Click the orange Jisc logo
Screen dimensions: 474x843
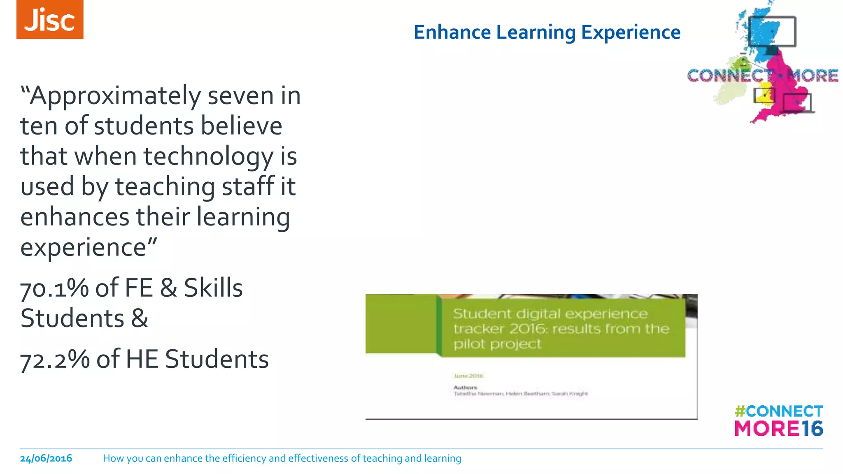(x=50, y=20)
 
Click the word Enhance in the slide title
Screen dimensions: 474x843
(x=452, y=33)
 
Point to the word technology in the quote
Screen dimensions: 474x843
(x=208, y=157)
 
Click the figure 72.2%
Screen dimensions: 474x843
(x=55, y=359)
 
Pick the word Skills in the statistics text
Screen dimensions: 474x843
(x=213, y=288)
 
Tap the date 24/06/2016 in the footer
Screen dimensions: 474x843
(x=46, y=458)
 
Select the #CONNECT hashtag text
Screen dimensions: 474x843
(x=779, y=411)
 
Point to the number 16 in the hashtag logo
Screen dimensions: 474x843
(x=812, y=429)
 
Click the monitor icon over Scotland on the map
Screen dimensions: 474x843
(x=772, y=31)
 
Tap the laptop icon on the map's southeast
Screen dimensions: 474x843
(x=798, y=103)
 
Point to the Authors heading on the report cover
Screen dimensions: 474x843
(x=465, y=388)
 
